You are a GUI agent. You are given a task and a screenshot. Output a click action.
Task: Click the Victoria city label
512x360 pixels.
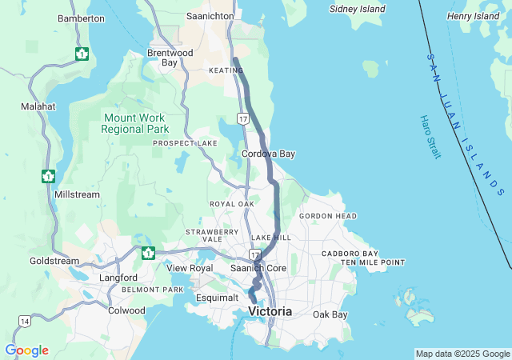point(270,310)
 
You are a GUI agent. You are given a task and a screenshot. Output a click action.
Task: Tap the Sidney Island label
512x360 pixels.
point(358,10)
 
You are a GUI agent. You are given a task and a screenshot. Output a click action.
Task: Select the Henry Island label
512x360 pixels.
point(474,16)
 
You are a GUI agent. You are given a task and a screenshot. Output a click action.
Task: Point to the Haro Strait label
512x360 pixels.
point(430,137)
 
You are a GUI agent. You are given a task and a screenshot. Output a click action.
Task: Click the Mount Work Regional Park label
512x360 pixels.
point(135,122)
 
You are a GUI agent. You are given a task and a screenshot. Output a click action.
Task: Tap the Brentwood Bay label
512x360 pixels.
point(170,58)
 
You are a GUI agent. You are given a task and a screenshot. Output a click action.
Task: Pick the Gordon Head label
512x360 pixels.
point(328,216)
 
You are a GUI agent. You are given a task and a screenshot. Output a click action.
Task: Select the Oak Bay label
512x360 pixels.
point(330,314)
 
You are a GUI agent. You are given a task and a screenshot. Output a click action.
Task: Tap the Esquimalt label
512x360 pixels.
point(218,298)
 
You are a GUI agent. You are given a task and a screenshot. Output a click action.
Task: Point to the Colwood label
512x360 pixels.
point(126,310)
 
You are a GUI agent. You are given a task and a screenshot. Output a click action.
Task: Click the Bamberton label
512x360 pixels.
point(81,18)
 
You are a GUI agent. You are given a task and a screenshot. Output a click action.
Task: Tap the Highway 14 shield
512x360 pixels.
point(24,321)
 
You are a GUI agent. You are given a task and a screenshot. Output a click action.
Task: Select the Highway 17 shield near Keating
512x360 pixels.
point(243,118)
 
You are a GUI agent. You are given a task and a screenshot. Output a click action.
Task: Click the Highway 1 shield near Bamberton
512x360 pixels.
point(82,54)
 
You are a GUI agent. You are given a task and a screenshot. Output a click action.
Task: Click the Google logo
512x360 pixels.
point(26,350)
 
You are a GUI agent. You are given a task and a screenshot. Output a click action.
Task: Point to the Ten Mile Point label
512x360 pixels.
point(373,262)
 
